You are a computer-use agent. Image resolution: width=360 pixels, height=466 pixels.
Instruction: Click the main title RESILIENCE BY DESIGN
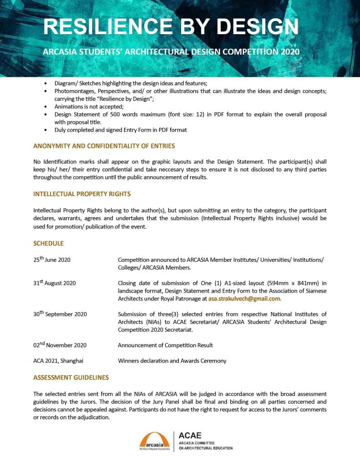tap(171, 27)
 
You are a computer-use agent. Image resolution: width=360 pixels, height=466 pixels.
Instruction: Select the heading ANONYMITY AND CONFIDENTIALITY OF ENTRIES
tap(104, 146)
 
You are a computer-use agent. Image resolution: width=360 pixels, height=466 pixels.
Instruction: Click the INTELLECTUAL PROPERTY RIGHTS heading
tap(82, 194)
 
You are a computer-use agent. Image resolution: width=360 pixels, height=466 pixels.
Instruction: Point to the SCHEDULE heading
tap(48, 243)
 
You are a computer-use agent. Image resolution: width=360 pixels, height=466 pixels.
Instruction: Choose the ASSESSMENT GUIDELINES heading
tap(71, 378)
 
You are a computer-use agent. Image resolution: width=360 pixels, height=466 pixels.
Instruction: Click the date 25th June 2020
tap(51, 260)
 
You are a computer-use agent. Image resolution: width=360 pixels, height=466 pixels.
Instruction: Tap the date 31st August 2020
tap(54, 283)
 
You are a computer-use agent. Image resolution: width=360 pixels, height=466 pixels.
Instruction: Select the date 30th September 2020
tap(60, 314)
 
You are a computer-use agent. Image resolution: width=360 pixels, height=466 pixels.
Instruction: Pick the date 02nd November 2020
tap(60, 345)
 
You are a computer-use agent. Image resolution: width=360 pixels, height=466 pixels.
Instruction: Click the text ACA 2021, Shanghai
tap(58, 361)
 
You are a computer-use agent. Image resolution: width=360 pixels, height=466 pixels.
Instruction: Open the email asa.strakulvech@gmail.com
tap(245, 299)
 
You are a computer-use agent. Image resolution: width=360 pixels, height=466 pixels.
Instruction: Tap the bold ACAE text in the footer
tap(190, 436)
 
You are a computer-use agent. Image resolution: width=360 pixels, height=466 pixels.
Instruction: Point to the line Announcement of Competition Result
tap(165, 345)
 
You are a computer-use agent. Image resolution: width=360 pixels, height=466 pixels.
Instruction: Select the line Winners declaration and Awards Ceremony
tap(172, 361)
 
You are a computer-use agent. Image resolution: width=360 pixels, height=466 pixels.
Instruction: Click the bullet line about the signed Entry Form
tap(121, 130)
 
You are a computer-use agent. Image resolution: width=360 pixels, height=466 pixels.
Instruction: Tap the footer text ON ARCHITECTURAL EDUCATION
tap(206, 448)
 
